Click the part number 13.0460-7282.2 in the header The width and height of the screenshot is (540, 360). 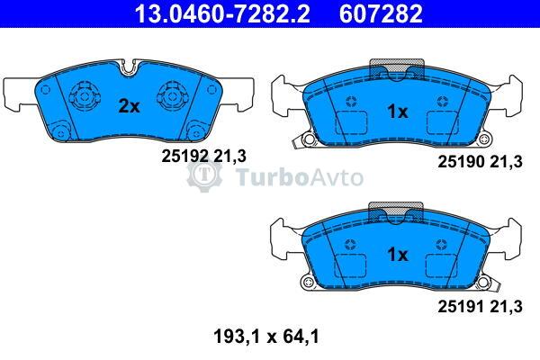(x=222, y=13)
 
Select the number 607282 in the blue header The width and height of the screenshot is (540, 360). (x=381, y=13)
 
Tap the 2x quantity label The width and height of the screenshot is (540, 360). (x=129, y=106)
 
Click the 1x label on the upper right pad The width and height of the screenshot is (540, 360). (x=398, y=112)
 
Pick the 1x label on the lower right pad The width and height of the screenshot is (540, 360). (x=398, y=255)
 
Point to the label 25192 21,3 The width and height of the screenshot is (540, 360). (x=204, y=157)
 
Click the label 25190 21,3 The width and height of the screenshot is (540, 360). (x=480, y=162)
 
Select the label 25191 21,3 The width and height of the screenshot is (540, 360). (x=480, y=307)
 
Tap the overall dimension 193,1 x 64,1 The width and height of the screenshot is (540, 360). (x=266, y=337)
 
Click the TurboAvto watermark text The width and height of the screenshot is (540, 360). (x=300, y=177)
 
